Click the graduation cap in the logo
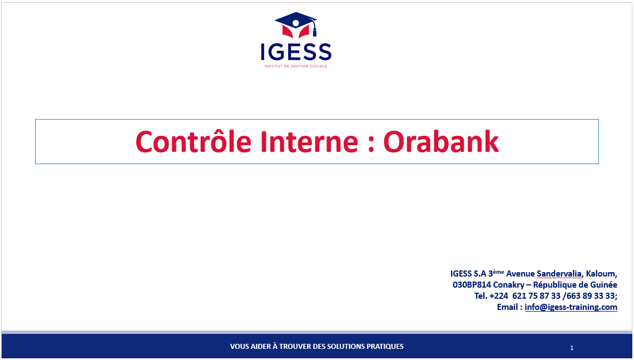tap(295, 25)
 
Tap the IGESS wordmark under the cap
tap(296, 52)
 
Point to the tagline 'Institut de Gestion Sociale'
tap(296, 66)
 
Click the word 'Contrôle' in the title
tap(194, 141)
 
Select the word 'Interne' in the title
tap(309, 142)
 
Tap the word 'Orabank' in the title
tap(440, 141)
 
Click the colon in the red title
tap(371, 145)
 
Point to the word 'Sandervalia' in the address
tap(559, 274)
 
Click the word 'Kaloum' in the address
tap(601, 274)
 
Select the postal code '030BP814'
tap(472, 285)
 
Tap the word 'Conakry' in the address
tap(509, 285)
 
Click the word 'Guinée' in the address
tap(603, 285)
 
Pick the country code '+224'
tap(498, 296)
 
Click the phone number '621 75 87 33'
tap(537, 296)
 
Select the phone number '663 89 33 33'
tap(591, 296)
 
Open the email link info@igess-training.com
tap(571, 307)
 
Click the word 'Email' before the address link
tap(507, 307)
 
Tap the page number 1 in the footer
tap(572, 348)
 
